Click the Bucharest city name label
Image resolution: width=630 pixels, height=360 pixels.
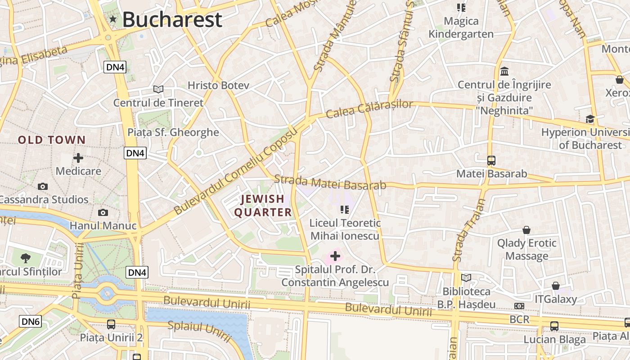(172, 19)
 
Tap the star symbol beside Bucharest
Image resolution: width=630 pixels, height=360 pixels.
(112, 19)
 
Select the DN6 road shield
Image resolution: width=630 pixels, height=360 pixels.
(30, 321)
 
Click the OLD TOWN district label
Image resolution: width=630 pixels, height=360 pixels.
(52, 140)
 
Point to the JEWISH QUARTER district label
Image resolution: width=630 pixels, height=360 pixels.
(263, 206)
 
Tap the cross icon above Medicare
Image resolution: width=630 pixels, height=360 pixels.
(78, 158)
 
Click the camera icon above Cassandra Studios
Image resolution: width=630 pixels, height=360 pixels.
(43, 186)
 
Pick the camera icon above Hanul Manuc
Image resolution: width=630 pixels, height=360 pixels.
(103, 212)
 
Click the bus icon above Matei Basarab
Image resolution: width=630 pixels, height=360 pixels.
(491, 161)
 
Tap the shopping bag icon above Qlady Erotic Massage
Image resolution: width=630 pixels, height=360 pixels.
(526, 230)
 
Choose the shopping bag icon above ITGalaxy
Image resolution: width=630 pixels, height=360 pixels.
(556, 286)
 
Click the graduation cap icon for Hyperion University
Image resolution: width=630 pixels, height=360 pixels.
(589, 119)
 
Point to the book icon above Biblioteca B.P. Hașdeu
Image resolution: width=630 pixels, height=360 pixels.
(466, 278)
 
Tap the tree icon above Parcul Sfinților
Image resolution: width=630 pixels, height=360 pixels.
(26, 258)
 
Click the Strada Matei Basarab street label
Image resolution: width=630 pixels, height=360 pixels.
(330, 182)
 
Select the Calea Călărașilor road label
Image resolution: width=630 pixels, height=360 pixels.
(369, 108)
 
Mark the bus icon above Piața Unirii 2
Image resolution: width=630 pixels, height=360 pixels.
(111, 324)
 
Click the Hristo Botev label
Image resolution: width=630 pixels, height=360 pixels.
(218, 85)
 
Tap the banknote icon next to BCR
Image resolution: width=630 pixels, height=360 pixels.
(519, 306)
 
